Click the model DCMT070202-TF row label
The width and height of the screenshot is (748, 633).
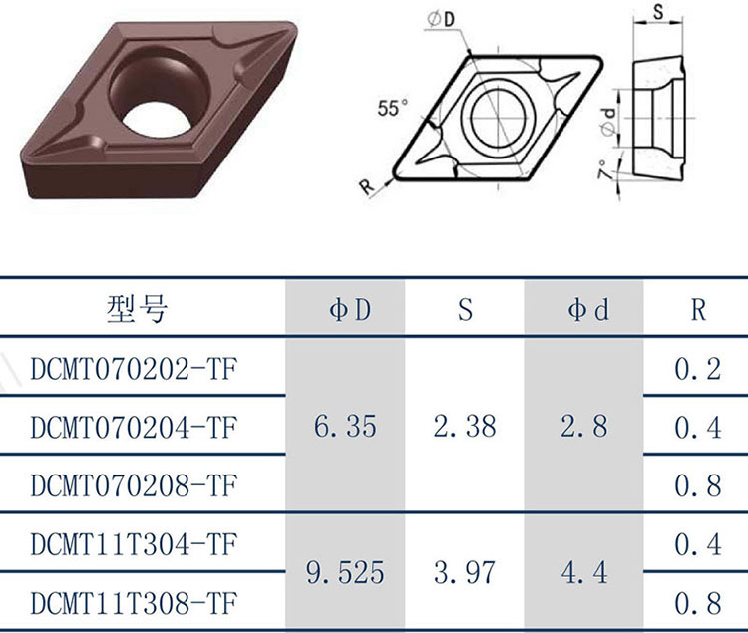tap(134, 369)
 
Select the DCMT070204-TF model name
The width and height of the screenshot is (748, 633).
tap(134, 427)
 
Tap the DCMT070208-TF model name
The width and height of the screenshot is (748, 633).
tap(134, 485)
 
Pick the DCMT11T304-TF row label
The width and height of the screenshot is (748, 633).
tap(134, 544)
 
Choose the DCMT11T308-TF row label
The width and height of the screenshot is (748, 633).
tap(134, 603)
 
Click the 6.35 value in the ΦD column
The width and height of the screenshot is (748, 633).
tap(345, 426)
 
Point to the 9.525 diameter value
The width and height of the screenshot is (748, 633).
tap(345, 573)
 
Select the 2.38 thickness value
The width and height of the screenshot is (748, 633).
tap(465, 426)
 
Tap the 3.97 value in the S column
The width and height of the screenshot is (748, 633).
tap(465, 573)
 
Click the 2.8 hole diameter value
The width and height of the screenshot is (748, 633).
tap(584, 426)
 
